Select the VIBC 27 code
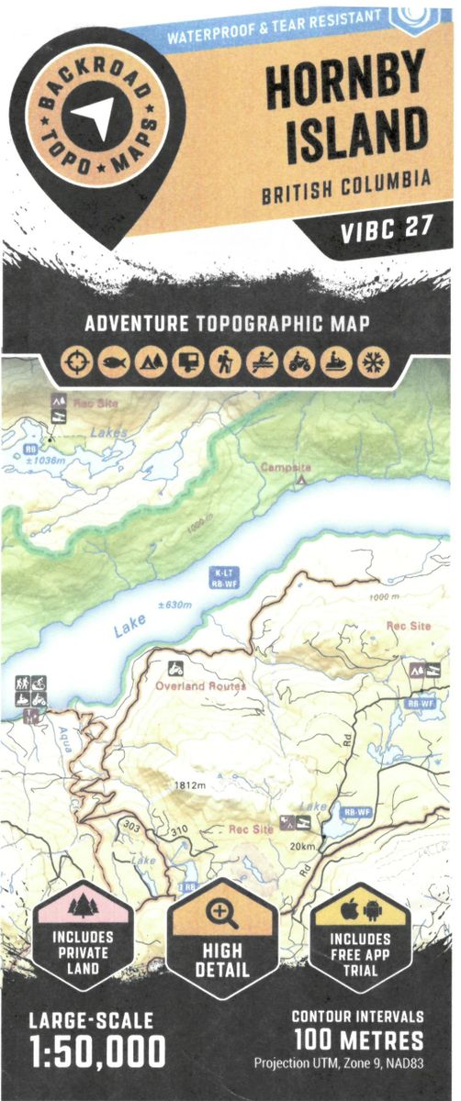(386, 228)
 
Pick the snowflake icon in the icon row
(373, 363)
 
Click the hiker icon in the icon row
(224, 363)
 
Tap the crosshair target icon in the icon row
(76, 363)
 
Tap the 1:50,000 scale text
(97, 1050)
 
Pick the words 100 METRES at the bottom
(360, 1040)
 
